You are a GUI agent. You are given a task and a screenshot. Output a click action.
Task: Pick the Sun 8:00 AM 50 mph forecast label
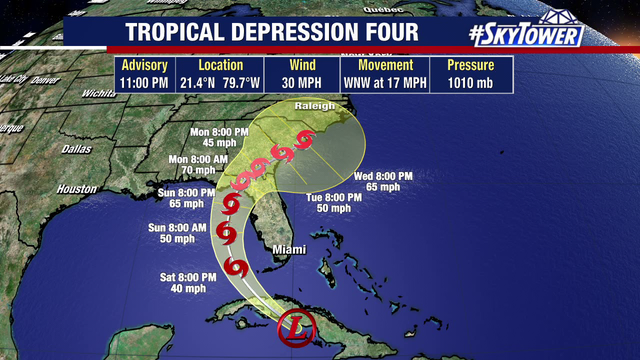pyautogui.click(x=172, y=234)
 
